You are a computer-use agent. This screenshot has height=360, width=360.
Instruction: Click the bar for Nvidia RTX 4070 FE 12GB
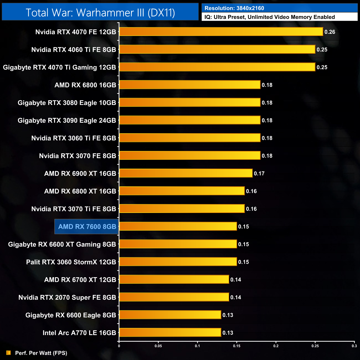tap(221, 32)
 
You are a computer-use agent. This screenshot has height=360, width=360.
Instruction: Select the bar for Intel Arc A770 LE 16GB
tap(170, 333)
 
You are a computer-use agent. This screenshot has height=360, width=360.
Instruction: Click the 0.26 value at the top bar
tap(330, 32)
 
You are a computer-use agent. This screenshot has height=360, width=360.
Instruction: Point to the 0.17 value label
tap(259, 174)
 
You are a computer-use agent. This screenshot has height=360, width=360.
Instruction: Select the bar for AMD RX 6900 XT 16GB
tap(186, 173)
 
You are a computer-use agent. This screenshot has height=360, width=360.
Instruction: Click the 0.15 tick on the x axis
tap(237, 346)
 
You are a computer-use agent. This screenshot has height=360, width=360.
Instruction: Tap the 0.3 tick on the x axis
tap(354, 346)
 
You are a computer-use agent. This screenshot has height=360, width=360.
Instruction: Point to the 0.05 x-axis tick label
tap(158, 346)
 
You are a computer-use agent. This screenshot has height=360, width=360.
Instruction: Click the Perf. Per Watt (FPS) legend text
tap(41, 353)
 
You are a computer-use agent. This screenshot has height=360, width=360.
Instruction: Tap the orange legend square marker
tap(9, 353)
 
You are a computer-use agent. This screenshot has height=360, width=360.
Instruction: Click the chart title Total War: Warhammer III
tap(100, 12)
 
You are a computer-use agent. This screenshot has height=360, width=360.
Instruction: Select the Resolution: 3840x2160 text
tap(234, 8)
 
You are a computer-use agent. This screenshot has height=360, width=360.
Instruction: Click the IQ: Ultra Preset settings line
tap(269, 17)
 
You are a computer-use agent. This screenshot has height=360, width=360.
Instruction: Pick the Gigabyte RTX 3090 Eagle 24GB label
tap(67, 120)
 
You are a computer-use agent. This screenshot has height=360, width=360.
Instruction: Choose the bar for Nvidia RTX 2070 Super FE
tap(174, 297)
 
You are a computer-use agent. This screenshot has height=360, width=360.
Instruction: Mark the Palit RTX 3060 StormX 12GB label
tap(71, 262)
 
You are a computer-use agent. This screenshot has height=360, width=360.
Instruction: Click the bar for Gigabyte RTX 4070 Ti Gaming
tap(217, 67)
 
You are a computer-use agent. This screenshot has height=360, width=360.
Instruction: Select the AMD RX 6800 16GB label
tap(85, 85)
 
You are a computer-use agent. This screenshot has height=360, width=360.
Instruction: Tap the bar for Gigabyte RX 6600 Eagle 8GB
tap(170, 315)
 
